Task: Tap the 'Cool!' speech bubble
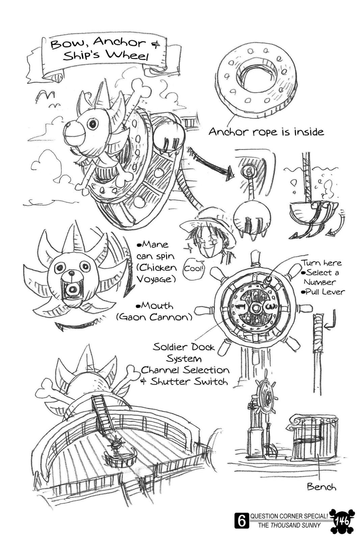[x=194, y=269]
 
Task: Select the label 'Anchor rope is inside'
[x=266, y=132]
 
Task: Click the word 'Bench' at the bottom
[x=321, y=486]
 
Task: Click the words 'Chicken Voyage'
[x=157, y=273]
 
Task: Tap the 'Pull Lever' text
[x=323, y=292]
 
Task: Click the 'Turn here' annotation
[x=321, y=263]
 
